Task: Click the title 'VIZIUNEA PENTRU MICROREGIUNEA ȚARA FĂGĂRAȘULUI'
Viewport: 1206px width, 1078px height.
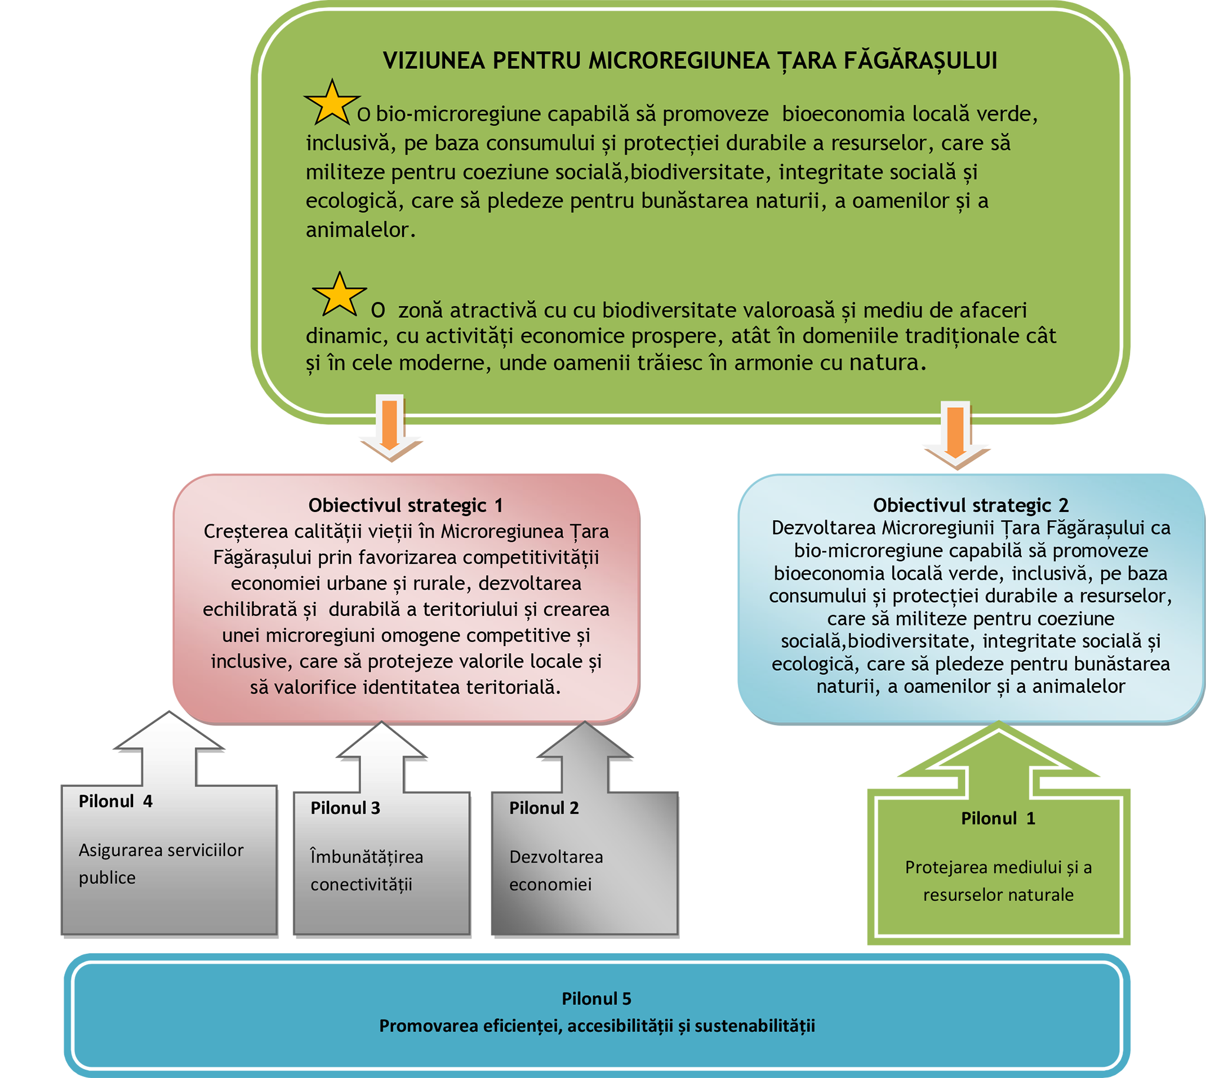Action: pos(690,61)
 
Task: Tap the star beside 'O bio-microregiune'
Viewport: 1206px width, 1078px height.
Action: pos(332,104)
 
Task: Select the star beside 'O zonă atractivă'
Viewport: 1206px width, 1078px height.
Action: pos(339,295)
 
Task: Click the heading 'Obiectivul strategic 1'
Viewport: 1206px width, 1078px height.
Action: pos(405,505)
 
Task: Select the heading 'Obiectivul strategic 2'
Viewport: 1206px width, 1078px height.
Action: pos(970,505)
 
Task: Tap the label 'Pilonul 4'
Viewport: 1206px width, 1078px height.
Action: pos(115,801)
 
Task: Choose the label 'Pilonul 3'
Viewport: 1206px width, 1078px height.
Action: pos(345,808)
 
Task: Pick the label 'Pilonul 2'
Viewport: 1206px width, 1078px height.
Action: pos(544,808)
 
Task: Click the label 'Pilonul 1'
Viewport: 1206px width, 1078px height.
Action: pos(998,819)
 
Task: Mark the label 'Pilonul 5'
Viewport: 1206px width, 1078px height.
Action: pos(596,999)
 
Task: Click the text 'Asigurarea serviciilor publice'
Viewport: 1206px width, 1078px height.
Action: pos(161,864)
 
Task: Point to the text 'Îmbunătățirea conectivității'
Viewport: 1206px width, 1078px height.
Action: pos(366,870)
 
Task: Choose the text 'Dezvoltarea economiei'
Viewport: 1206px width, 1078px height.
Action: pos(555,870)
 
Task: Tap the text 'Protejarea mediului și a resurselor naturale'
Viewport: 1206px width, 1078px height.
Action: pos(998,881)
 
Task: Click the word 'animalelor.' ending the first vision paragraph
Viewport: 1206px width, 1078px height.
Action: pos(360,230)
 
